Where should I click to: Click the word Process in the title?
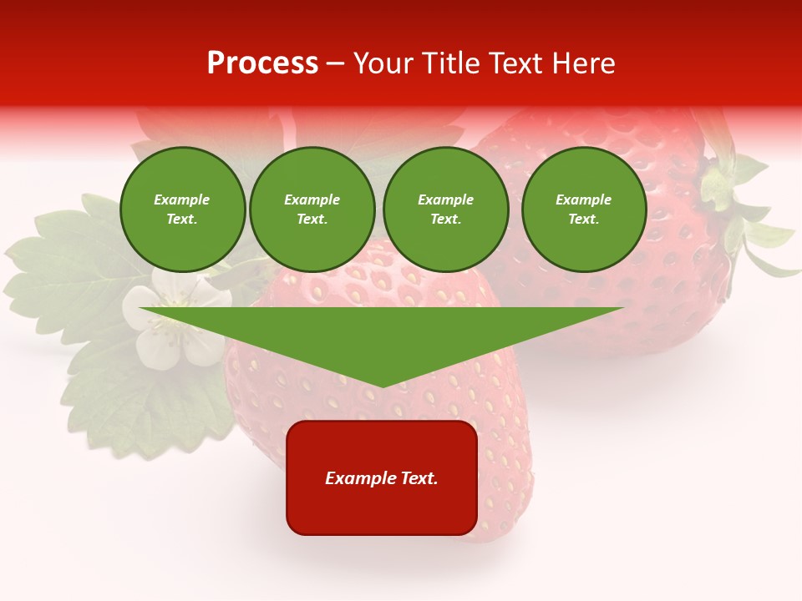point(262,63)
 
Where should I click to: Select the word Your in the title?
point(386,63)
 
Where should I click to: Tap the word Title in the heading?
point(452,63)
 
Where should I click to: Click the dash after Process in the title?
point(336,64)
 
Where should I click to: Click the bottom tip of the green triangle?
point(383,386)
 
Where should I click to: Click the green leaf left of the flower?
point(58,275)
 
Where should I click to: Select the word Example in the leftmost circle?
point(182,199)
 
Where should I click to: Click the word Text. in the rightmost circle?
point(583,219)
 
